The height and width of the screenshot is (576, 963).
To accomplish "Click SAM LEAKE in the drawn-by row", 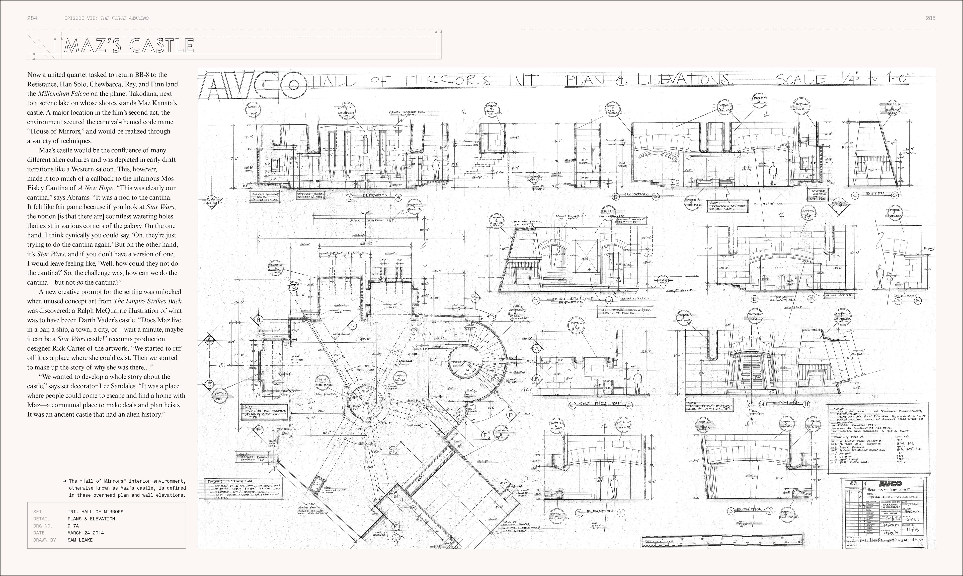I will [80, 540].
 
